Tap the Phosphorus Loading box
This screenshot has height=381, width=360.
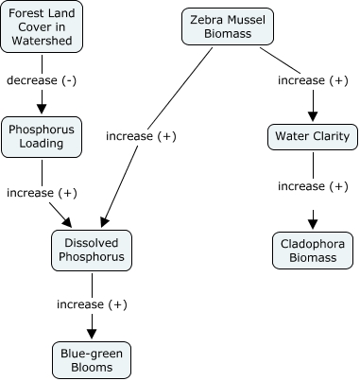[x=42, y=137]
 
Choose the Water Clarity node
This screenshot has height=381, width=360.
[x=312, y=137]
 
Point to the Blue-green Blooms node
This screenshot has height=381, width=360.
[x=92, y=361]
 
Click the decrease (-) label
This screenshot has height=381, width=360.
[x=42, y=80]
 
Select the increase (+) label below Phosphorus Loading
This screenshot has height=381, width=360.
[x=42, y=193]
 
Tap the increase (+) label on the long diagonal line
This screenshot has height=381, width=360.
[x=141, y=137]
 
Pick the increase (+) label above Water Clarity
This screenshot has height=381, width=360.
[x=313, y=80]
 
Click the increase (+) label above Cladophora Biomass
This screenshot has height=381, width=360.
[x=313, y=186]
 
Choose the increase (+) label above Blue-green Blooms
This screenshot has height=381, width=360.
[x=92, y=304]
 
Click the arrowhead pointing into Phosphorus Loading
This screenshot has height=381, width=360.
[x=42, y=108]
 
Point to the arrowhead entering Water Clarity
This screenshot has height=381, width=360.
[x=312, y=116]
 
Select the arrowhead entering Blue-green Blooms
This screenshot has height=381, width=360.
[x=92, y=333]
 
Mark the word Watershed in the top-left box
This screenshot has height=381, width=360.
[x=43, y=42]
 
